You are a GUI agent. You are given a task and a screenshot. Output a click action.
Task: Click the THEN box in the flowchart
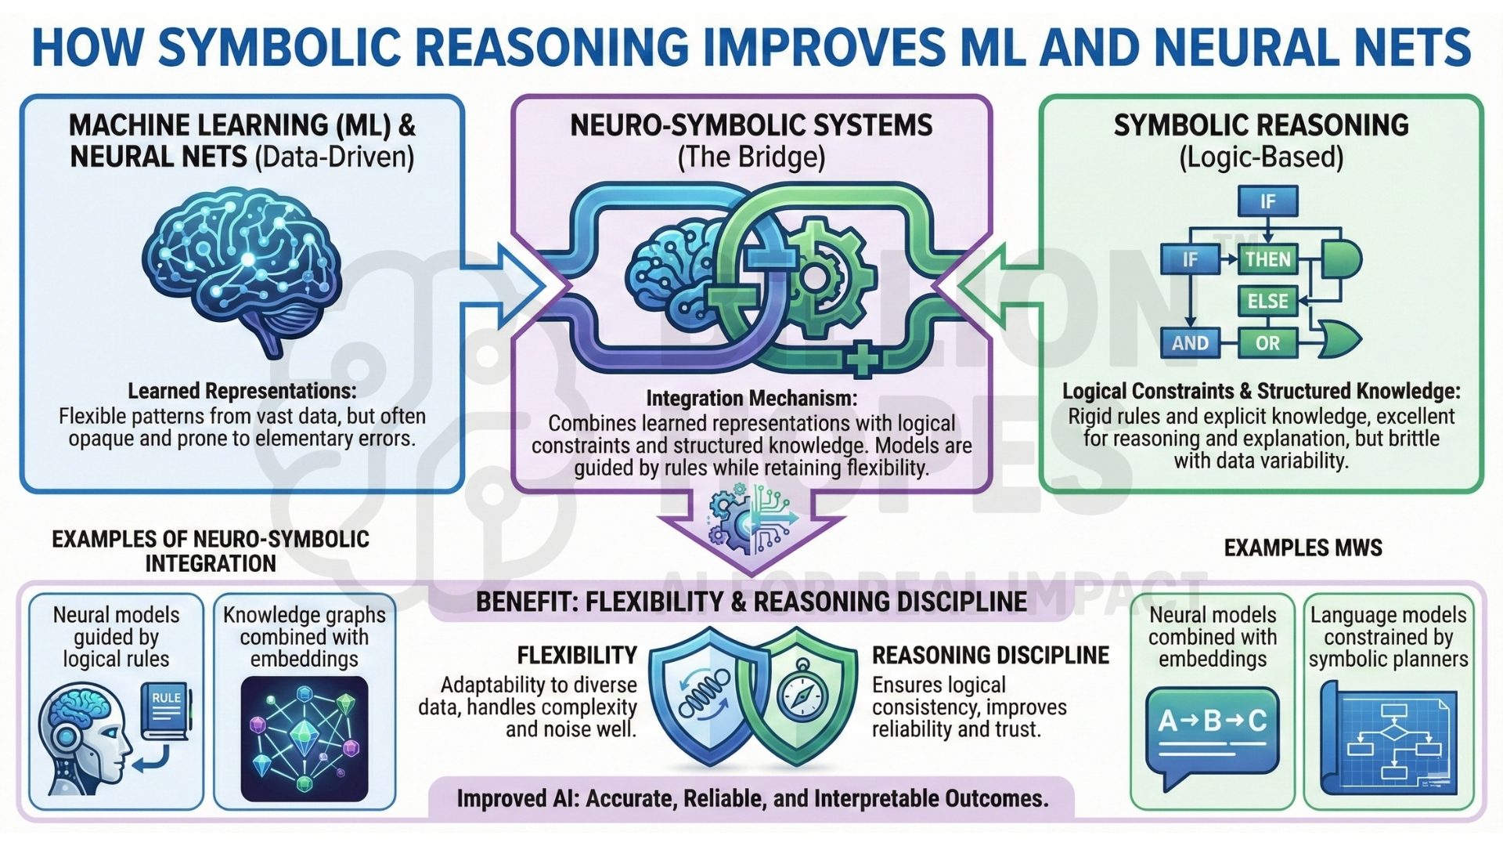click(x=1267, y=259)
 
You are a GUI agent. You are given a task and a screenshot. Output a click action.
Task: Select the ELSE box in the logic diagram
click(x=1267, y=301)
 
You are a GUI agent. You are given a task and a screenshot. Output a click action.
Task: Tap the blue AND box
click(x=1190, y=342)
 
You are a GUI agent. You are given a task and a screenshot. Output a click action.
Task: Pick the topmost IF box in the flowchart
click(x=1267, y=201)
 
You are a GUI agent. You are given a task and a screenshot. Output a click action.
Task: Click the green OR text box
click(x=1267, y=342)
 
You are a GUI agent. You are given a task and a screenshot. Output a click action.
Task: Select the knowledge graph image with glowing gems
click(x=305, y=739)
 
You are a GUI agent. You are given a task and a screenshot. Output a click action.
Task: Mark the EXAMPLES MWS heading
click(x=1303, y=548)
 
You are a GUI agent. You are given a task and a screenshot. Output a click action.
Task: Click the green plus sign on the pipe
click(x=862, y=361)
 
